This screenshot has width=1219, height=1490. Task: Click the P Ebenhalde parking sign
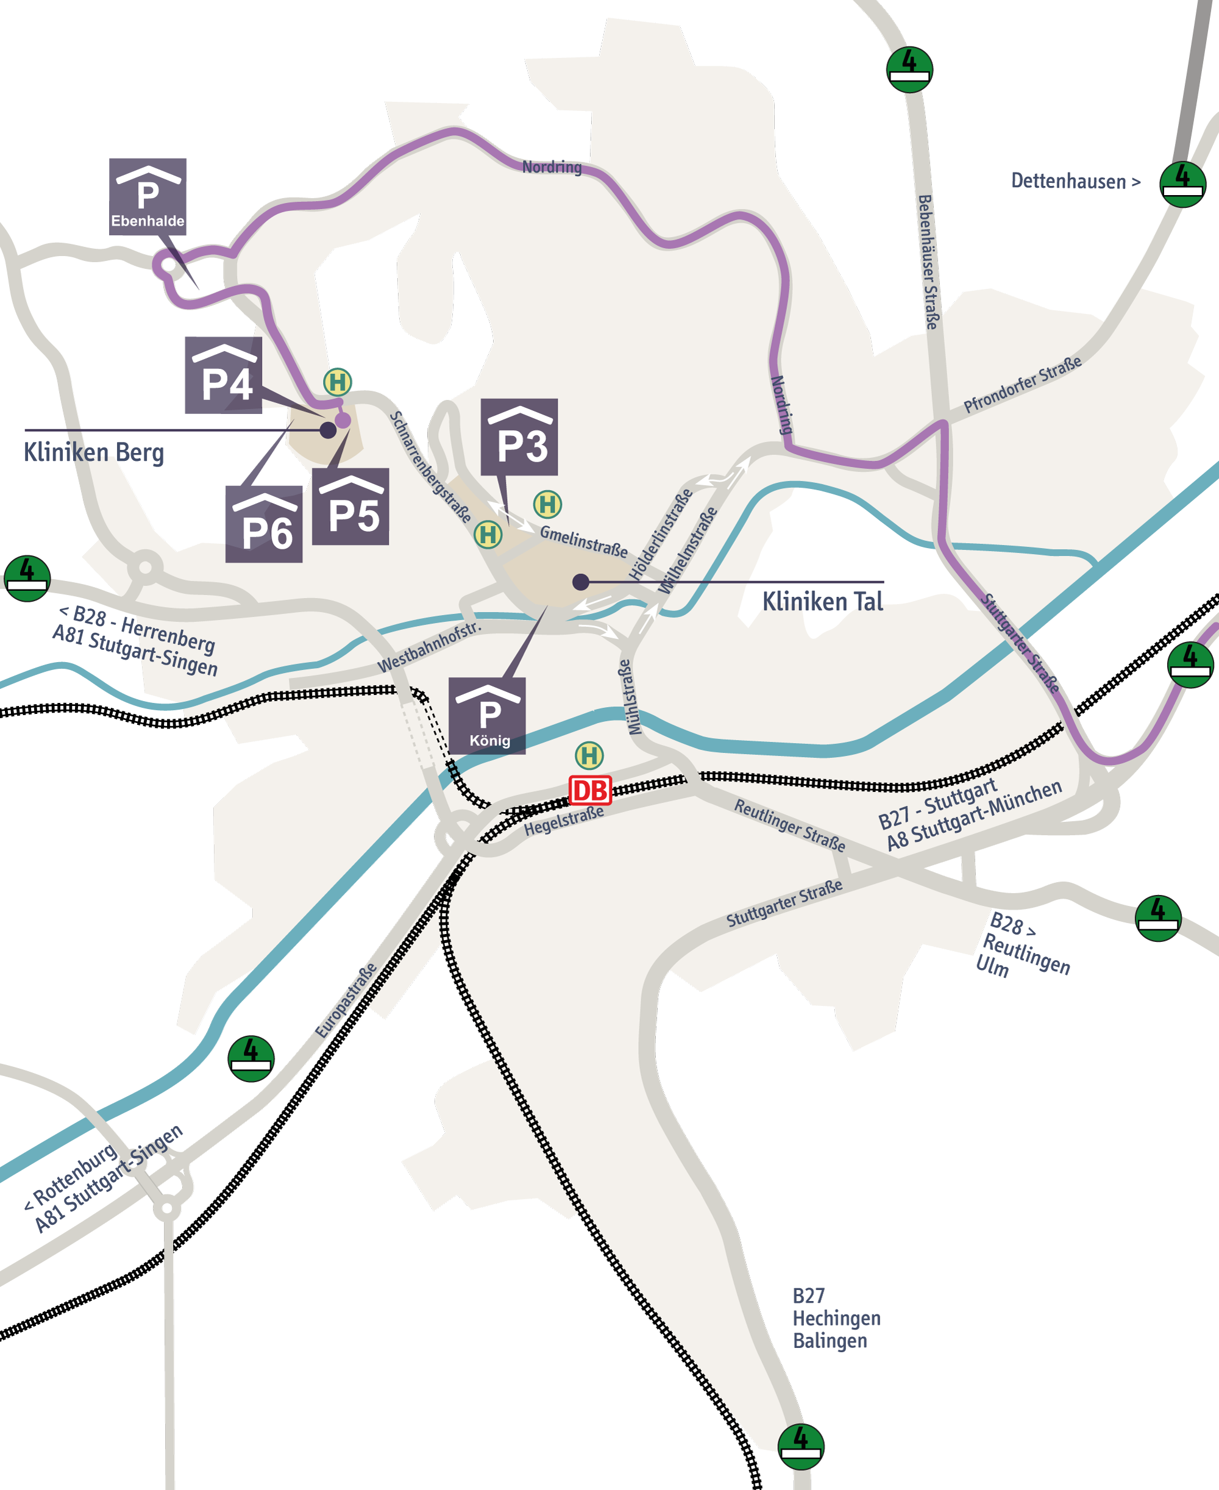coord(147,196)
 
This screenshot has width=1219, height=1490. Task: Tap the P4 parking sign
coord(223,375)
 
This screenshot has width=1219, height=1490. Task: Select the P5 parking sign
coord(350,506)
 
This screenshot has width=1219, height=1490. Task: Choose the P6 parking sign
coord(264,524)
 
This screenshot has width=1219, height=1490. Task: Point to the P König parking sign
coord(488,716)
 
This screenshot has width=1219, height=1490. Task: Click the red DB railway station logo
coord(590,791)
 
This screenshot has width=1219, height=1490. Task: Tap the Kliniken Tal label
coord(822,602)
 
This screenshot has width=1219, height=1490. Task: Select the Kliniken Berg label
coord(94,453)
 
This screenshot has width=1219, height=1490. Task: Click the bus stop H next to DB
coord(589,755)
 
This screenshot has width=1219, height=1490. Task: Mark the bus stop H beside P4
coord(337,382)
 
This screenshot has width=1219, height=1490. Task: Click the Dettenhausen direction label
coord(1075,181)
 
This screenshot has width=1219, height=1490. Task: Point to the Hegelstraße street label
coord(564,821)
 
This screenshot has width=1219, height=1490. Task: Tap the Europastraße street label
coord(346,1000)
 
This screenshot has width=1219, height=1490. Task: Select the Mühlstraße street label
coord(630,697)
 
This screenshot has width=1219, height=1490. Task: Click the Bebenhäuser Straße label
coord(928,262)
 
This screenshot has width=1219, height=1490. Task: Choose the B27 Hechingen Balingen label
coord(836,1318)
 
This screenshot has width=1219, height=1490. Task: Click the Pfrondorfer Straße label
coord(1022,385)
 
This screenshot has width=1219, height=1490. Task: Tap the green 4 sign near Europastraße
coord(251,1058)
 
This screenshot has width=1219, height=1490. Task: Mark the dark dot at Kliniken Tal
coord(581,582)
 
